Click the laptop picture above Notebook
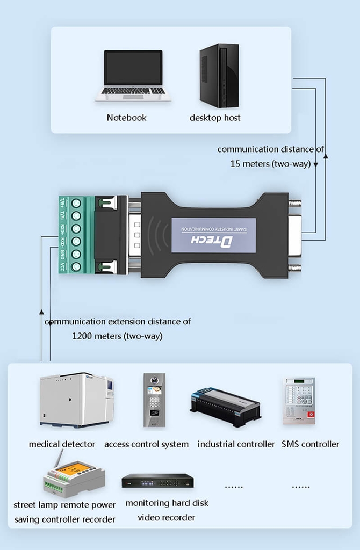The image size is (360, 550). pos(133,75)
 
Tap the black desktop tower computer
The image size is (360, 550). pos(219,76)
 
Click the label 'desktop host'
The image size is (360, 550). pos(215,118)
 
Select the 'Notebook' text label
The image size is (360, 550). pos(126,118)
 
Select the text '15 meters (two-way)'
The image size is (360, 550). pos(270,164)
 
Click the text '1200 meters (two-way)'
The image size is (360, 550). pos(117,336)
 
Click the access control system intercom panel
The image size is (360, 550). pos(154,400)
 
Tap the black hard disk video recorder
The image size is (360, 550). pos(157,481)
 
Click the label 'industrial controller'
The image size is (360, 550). pos(236,444)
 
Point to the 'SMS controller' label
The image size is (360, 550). pos(311,444)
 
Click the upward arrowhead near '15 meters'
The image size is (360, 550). pos(326,155)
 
